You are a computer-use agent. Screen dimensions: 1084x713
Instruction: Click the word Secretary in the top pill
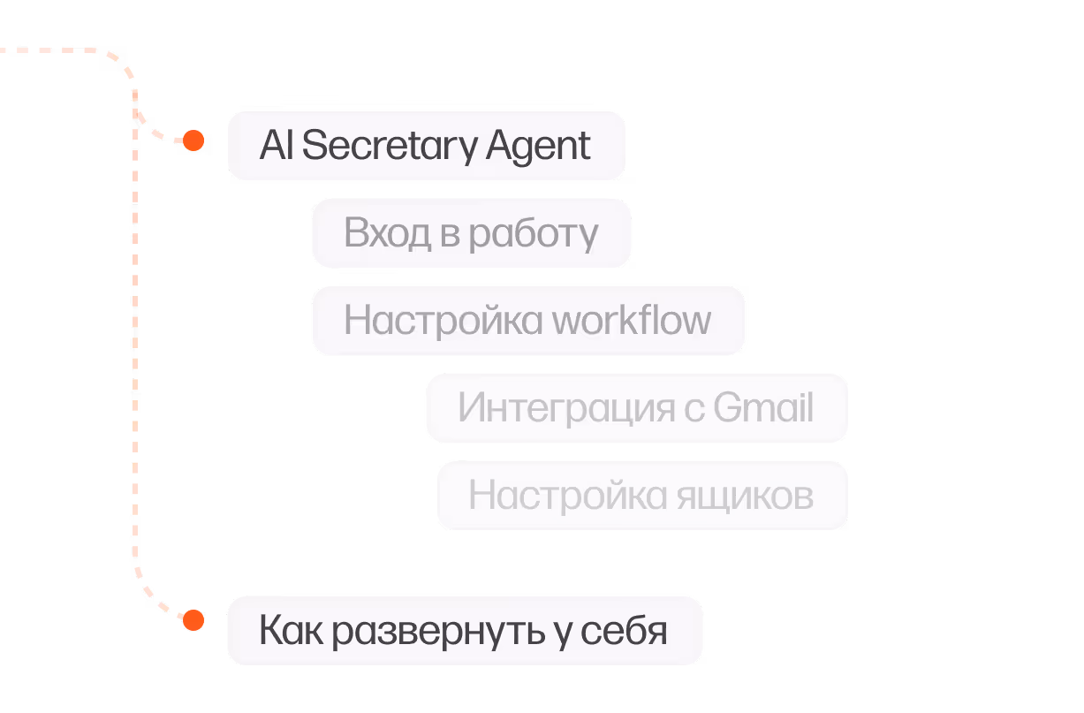coord(377,146)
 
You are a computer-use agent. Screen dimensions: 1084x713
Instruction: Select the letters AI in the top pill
coord(275,146)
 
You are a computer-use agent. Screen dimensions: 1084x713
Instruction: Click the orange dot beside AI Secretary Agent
coord(193,140)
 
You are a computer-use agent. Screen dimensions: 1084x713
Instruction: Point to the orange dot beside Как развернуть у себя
coord(193,620)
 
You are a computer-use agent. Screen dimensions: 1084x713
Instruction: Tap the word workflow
coord(631,320)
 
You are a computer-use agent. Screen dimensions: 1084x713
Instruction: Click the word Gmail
coord(763,408)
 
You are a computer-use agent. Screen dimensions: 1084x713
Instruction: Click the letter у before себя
coord(563,634)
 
